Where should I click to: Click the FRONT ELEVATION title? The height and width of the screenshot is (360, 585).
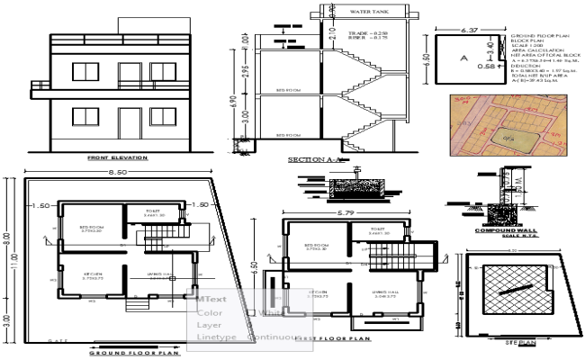click(x=118, y=158)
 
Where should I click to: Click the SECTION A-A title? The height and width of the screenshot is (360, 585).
click(x=308, y=159)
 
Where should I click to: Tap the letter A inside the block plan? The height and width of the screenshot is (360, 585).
click(x=464, y=57)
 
